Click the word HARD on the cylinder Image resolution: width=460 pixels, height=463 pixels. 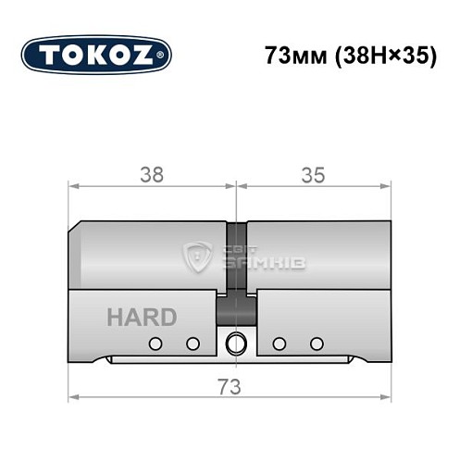pos(142,317)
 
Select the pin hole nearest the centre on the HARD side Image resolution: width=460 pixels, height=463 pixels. pos(193,344)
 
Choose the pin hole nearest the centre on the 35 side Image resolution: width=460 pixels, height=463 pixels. pos(278,344)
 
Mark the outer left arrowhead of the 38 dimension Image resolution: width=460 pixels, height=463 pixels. pos(74,186)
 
